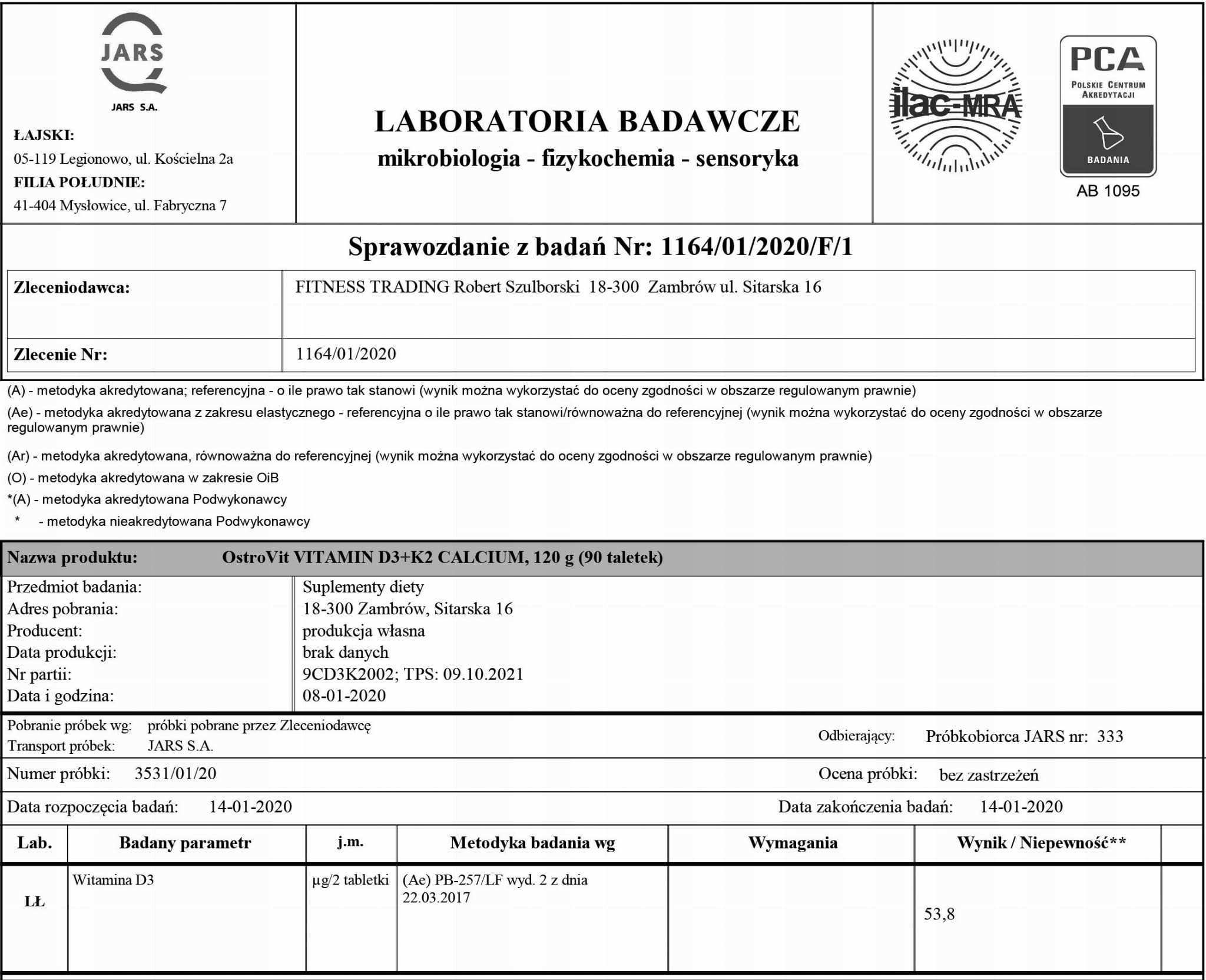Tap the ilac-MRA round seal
(x=955, y=106)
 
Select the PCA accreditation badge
(x=1108, y=106)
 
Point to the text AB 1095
(x=1108, y=191)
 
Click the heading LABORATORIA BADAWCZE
(x=587, y=121)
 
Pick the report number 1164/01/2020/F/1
(x=757, y=247)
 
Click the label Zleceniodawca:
(x=71, y=287)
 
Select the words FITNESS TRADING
(x=372, y=287)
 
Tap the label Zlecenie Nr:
(x=60, y=354)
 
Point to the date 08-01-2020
(x=344, y=696)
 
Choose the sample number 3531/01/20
(x=175, y=773)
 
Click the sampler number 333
(x=1110, y=736)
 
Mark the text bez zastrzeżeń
(x=989, y=774)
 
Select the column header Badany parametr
(x=185, y=843)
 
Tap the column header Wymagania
(x=793, y=843)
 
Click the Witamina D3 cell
(x=113, y=880)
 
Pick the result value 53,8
(x=939, y=914)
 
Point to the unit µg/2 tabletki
(x=350, y=880)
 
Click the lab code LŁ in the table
(x=34, y=902)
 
